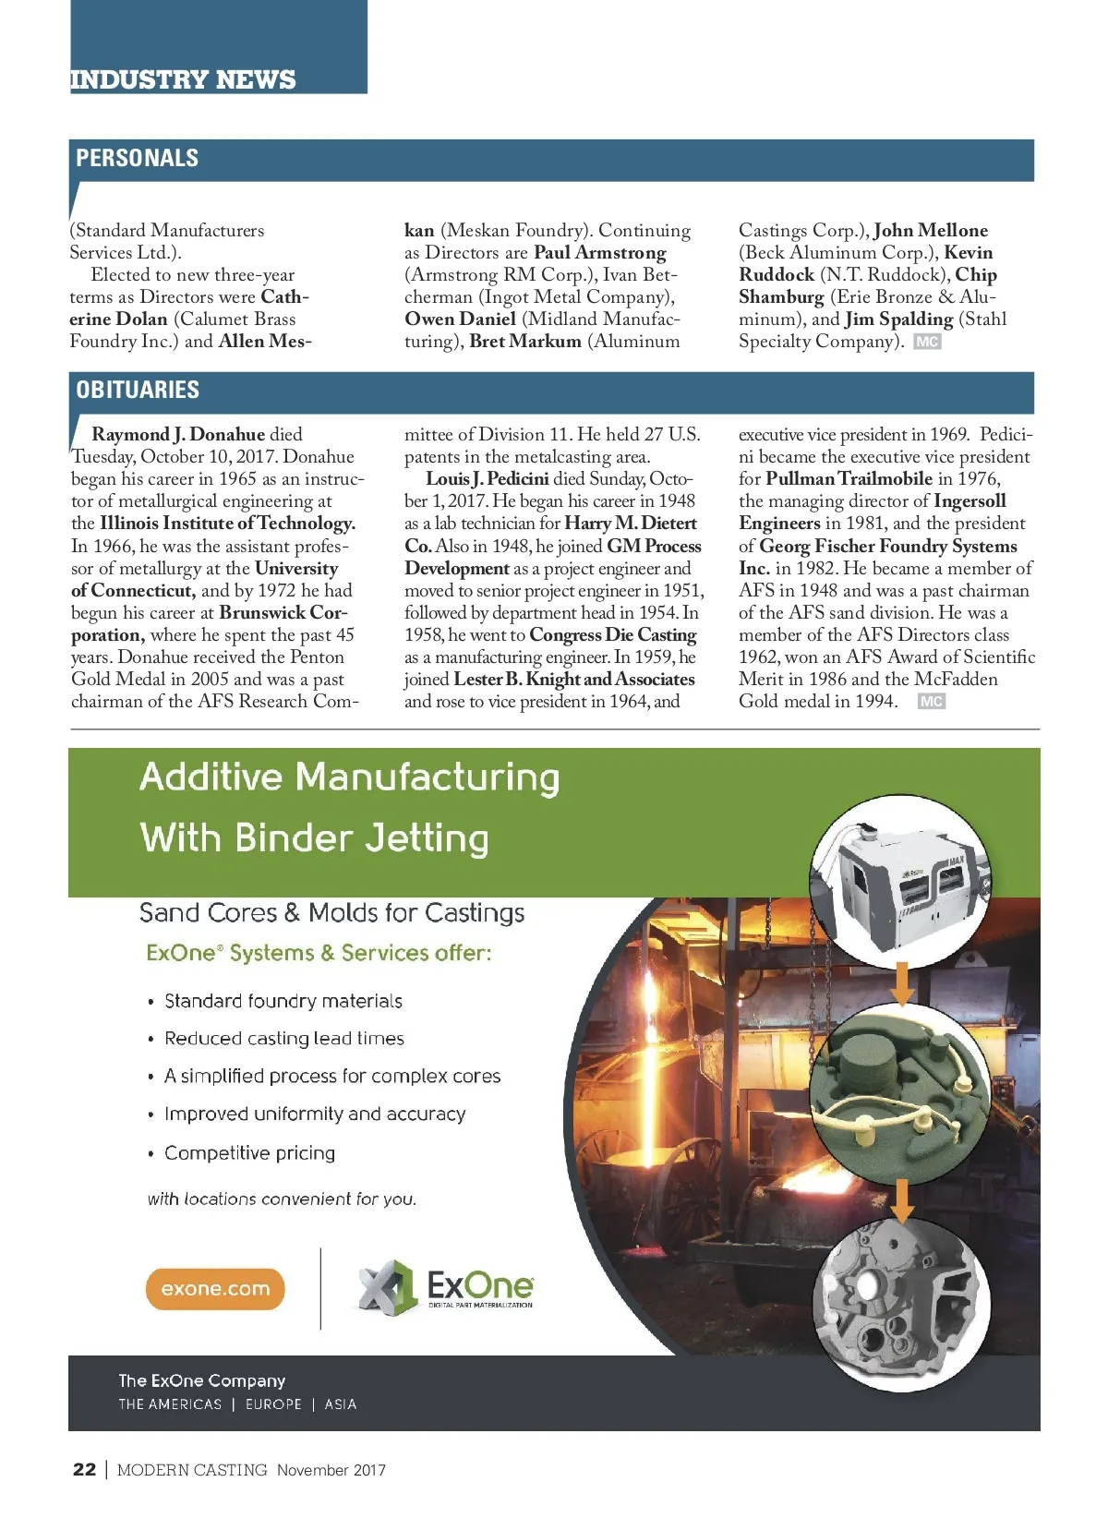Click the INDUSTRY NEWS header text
click(x=183, y=79)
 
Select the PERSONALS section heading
click(x=137, y=158)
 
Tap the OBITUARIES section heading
click(x=138, y=390)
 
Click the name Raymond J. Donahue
click(x=178, y=434)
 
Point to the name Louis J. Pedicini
click(x=487, y=478)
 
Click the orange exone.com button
click(x=215, y=1289)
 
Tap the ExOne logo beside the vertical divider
click(x=447, y=1285)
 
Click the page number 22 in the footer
click(x=84, y=1469)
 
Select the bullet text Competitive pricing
click(x=249, y=1152)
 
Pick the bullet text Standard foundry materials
click(x=283, y=1001)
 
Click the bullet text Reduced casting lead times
click(x=283, y=1039)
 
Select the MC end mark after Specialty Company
click(x=927, y=342)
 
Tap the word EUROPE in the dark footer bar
click(x=273, y=1404)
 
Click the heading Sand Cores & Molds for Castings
click(x=331, y=913)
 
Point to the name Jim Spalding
click(x=898, y=319)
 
